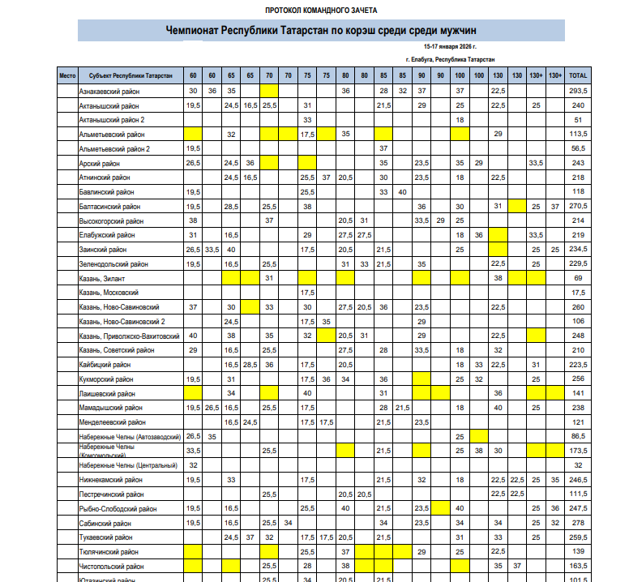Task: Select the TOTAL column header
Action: (x=579, y=75)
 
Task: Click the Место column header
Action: (x=67, y=75)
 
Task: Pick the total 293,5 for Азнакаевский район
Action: (x=579, y=91)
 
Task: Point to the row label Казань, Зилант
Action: (x=105, y=278)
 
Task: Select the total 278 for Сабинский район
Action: (x=579, y=523)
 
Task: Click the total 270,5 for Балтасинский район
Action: (x=579, y=207)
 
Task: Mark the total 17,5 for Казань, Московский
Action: (x=579, y=293)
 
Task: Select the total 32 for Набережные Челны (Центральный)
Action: (x=579, y=465)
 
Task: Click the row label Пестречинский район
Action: (x=112, y=494)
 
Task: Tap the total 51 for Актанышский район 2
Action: (x=579, y=120)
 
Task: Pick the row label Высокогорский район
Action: (x=113, y=220)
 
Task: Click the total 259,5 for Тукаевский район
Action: (x=579, y=537)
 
